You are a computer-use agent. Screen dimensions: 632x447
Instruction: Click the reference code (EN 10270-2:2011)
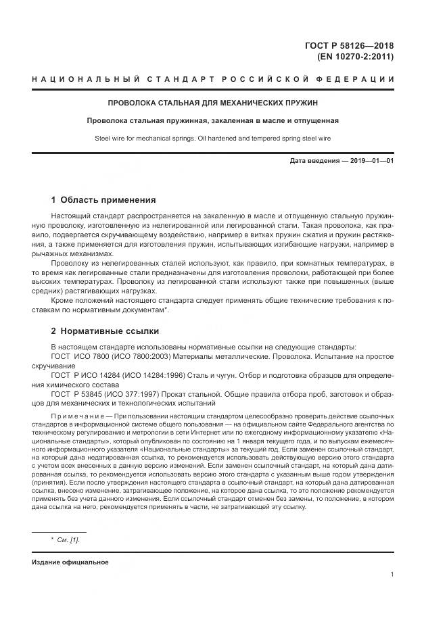355,57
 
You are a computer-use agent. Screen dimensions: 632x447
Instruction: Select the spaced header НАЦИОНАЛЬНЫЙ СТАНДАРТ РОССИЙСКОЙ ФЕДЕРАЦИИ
213,80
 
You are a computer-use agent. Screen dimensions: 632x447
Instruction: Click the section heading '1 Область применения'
103,200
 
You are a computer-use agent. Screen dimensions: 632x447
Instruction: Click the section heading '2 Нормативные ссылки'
105,331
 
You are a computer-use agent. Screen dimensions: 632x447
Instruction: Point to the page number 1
393,575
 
